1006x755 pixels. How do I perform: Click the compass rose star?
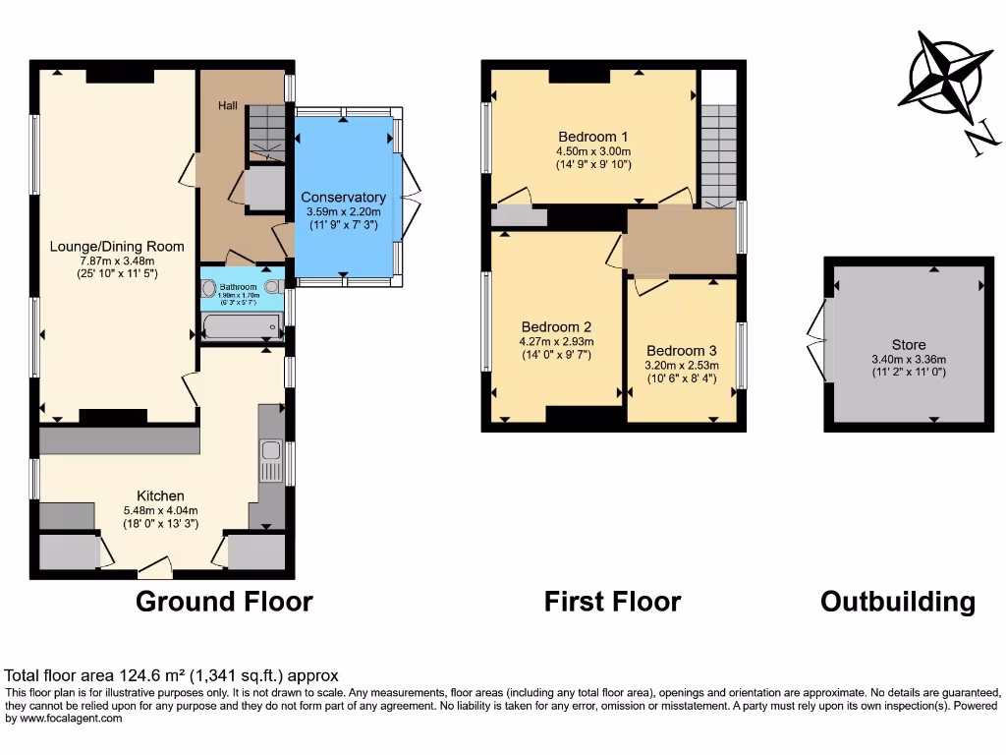pyautogui.click(x=940, y=75)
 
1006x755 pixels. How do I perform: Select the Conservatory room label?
pyautogui.click(x=343, y=198)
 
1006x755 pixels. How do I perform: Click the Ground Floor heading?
pyautogui.click(x=224, y=601)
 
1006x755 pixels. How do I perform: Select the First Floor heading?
pyautogui.click(x=612, y=601)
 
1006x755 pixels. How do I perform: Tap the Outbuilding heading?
pyautogui.click(x=897, y=601)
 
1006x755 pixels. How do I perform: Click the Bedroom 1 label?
pyautogui.click(x=592, y=137)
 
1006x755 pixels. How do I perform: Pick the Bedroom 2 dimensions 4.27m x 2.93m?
pyautogui.click(x=556, y=341)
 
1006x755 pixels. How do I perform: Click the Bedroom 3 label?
pyautogui.click(x=682, y=351)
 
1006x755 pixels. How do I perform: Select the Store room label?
pyautogui.click(x=909, y=344)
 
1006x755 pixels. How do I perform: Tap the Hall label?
pyautogui.click(x=227, y=104)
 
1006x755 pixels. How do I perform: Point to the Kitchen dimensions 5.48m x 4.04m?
pyautogui.click(x=160, y=510)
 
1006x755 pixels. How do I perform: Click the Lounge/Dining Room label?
pyautogui.click(x=117, y=246)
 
